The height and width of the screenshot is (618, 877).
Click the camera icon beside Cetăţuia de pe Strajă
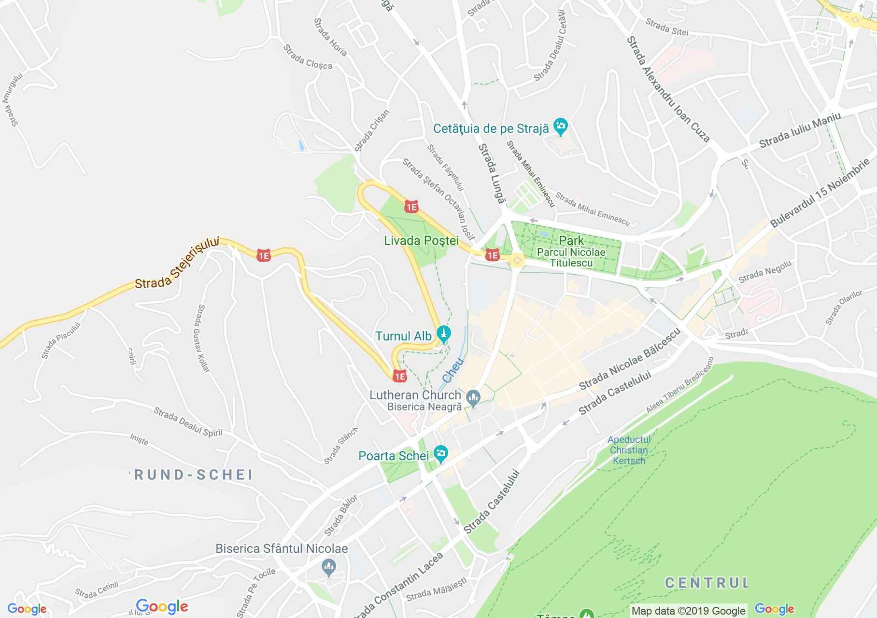[561, 127]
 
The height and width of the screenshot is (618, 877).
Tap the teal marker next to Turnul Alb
[444, 334]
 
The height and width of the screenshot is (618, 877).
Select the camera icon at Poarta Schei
[440, 454]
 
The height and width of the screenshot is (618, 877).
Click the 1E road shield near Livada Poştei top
[411, 207]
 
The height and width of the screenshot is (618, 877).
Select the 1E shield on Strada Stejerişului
[264, 255]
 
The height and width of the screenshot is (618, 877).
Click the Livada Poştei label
[421, 240]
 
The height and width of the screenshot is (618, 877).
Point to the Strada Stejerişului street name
[177, 263]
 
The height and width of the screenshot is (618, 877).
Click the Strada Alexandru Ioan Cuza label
[668, 89]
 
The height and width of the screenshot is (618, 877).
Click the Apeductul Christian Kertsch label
[629, 450]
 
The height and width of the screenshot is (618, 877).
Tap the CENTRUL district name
[706, 583]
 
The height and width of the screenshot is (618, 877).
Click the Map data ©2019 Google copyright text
[689, 611]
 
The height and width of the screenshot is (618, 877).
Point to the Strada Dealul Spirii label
[188, 422]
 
